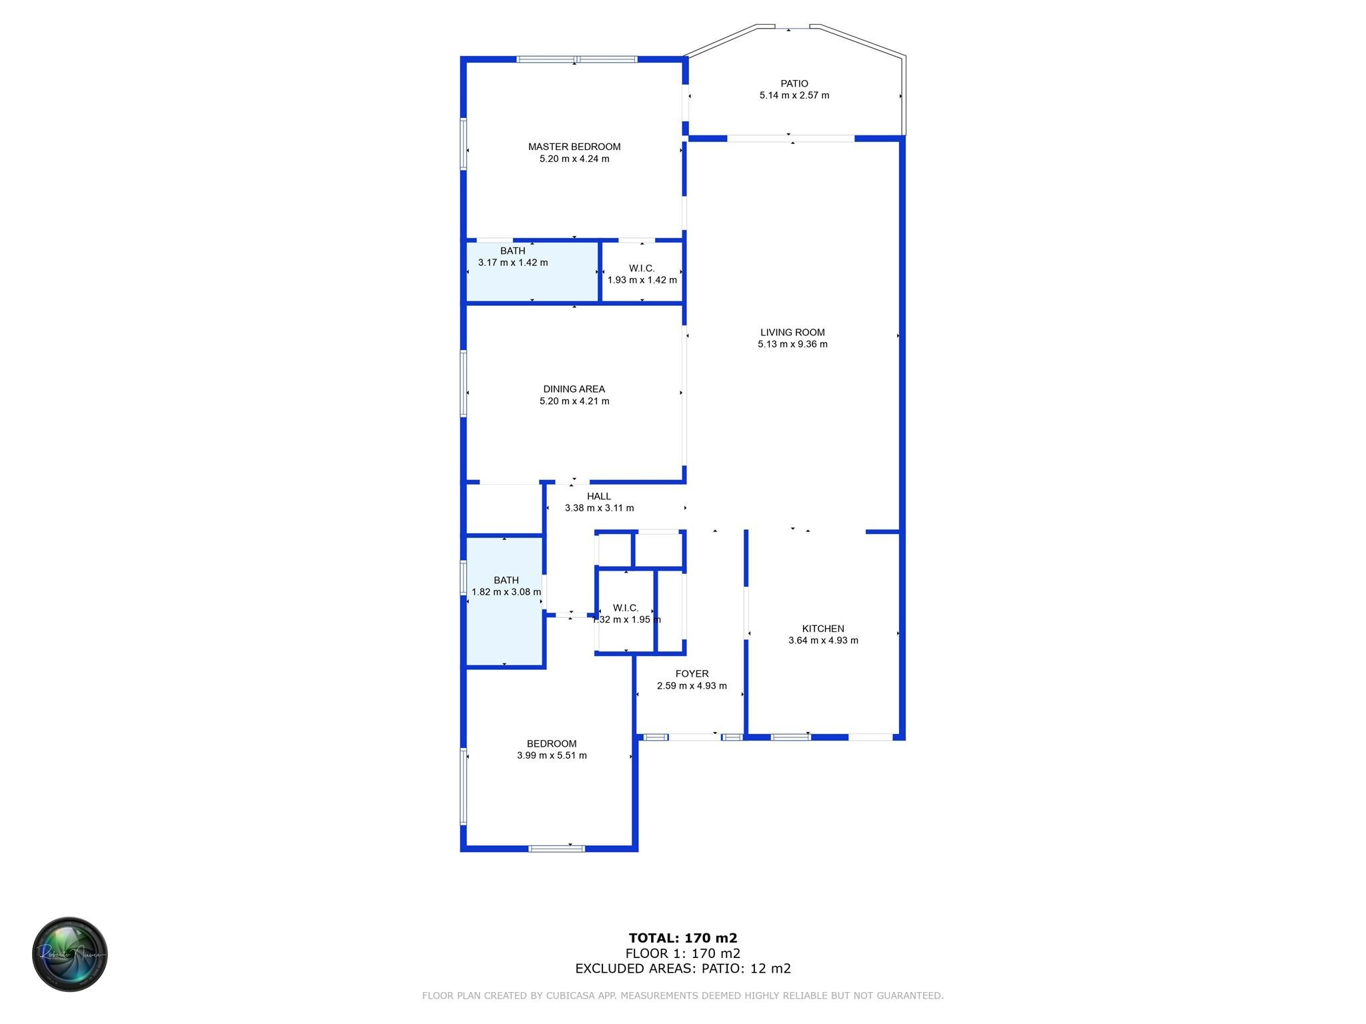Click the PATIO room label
click(x=794, y=83)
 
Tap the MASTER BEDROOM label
click(x=574, y=147)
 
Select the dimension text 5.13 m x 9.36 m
click(x=792, y=344)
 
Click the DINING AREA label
click(x=574, y=389)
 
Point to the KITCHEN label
click(x=822, y=628)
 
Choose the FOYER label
click(x=692, y=673)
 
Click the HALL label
click(x=598, y=496)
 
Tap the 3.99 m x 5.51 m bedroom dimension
click(x=552, y=755)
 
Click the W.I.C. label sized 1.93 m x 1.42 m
click(x=642, y=268)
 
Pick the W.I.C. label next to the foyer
click(x=625, y=607)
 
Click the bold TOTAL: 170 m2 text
click(x=682, y=938)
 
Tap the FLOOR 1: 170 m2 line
click(x=682, y=953)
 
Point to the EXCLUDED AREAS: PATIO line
click(x=682, y=969)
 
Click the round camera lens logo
click(x=70, y=953)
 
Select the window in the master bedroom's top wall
click(x=577, y=59)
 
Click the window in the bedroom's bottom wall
click(x=556, y=849)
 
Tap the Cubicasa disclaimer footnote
click(x=682, y=995)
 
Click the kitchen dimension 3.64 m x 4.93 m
click(x=822, y=640)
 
